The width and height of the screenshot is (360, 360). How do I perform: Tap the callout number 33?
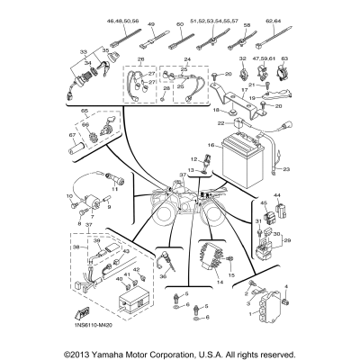pyautogui.click(x=84, y=53)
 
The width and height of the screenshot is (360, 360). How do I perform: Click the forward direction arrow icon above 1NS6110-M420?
pyautogui.click(x=84, y=310)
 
